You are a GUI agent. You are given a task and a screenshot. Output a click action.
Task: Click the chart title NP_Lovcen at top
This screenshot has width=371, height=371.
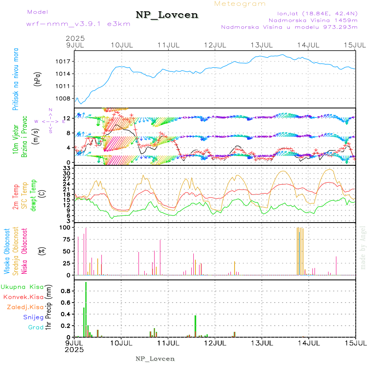[x=167, y=15]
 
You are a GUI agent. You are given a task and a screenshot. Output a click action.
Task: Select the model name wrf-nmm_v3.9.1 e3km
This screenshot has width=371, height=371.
[x=78, y=23]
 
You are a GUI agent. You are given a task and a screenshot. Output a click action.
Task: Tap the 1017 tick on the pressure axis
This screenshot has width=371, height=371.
[x=66, y=61]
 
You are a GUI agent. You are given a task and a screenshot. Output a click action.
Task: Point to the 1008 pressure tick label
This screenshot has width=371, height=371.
[x=66, y=99]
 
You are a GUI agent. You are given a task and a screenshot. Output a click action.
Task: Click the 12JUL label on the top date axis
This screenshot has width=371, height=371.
[x=215, y=45]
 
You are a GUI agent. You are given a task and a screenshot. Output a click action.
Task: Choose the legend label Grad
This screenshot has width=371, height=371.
[x=36, y=327]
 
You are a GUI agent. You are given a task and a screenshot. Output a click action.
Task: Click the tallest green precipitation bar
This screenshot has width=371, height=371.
[x=86, y=309]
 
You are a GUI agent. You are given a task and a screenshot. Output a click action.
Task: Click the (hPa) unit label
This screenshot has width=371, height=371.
[x=38, y=78]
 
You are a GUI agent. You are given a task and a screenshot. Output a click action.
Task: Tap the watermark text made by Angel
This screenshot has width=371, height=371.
[x=363, y=247]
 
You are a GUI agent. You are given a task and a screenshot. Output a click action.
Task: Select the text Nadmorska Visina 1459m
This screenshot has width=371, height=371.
[x=313, y=20]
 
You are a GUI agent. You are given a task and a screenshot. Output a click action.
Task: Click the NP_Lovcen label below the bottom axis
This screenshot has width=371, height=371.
[x=155, y=359]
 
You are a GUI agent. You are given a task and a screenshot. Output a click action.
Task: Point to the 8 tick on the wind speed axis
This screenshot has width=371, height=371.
[x=69, y=133]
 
